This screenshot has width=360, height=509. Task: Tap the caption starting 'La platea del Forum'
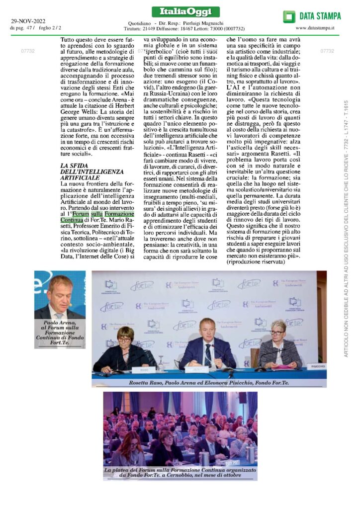click(180, 473)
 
